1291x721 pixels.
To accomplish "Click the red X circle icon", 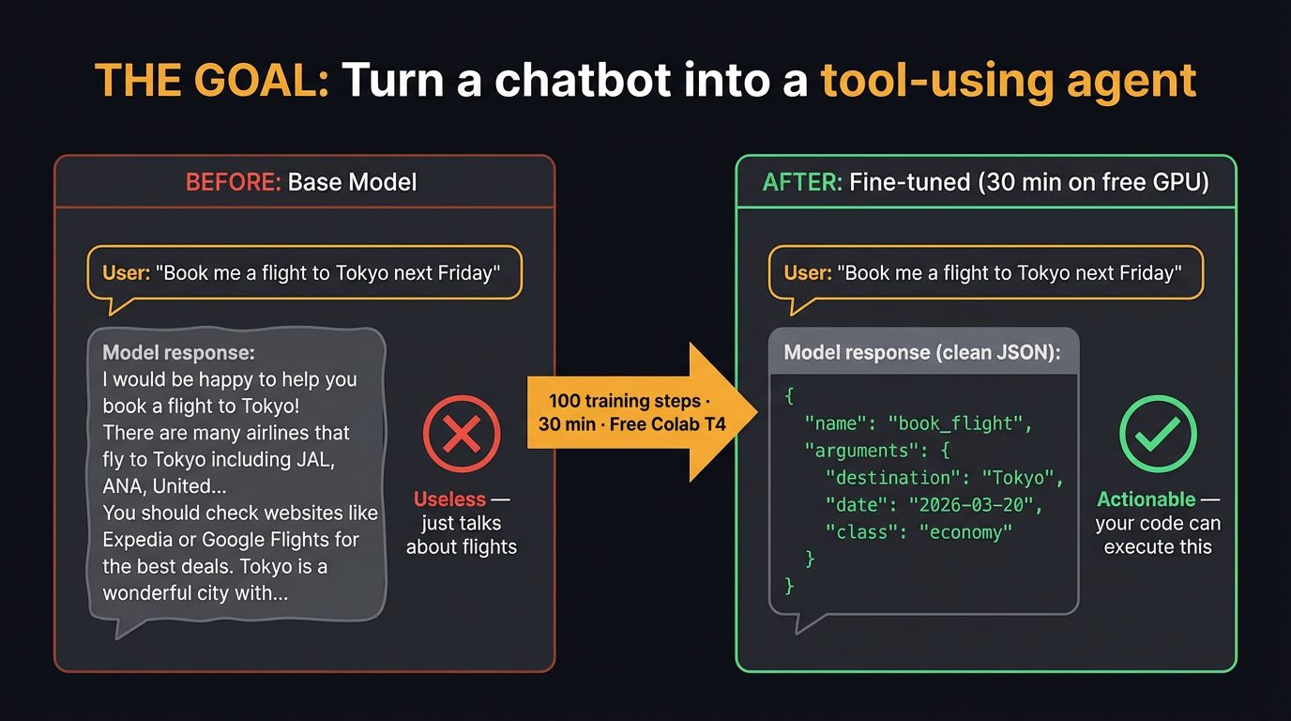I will click(x=462, y=435).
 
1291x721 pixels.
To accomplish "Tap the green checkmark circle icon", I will click(x=1158, y=434).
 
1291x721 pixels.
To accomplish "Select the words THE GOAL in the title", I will click(x=212, y=81).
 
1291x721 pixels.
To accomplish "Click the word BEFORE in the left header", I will click(x=233, y=182).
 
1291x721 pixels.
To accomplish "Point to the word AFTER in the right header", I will click(x=801, y=182).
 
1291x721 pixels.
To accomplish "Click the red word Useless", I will click(x=449, y=499).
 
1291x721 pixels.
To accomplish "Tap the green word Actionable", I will click(x=1147, y=499).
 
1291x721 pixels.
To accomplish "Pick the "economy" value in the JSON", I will click(x=965, y=532).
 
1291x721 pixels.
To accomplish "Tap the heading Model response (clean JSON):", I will click(x=922, y=353).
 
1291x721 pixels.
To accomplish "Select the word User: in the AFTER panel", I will click(x=808, y=273).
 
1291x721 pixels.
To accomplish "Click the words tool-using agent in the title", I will click(x=1009, y=81).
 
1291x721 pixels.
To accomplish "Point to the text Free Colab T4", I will click(x=667, y=423).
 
